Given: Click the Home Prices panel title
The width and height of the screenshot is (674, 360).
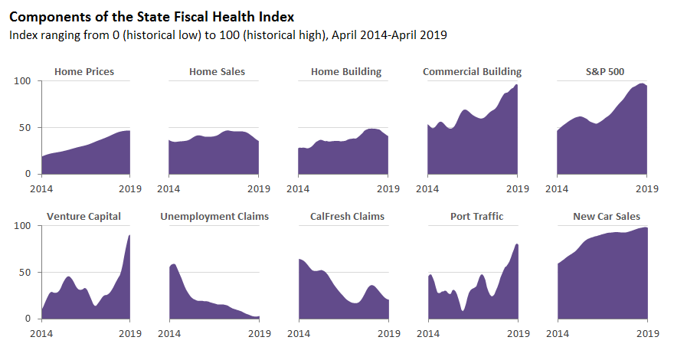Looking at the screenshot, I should coord(84,72).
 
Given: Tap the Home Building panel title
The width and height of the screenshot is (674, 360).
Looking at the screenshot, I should coord(346,72).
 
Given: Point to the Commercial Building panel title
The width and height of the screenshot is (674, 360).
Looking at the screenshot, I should coord(472,72).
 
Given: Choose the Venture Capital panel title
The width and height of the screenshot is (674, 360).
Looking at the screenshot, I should coord(83,217).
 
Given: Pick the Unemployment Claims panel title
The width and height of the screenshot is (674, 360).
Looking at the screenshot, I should coord(214,217).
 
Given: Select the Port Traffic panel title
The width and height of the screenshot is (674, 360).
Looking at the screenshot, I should coord(476,217).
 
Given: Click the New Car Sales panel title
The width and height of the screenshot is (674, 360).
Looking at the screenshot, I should coord(607,217).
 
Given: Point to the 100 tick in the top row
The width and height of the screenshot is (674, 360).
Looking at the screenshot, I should coord(23,81).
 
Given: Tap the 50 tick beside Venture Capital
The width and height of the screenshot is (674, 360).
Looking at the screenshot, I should coord(25,273).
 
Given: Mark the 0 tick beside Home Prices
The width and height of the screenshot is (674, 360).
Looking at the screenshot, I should coord(28,175).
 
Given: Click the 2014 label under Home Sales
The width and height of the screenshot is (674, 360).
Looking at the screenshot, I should coord(168,188).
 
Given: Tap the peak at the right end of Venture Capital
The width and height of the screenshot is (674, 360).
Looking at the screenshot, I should coord(129,235).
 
